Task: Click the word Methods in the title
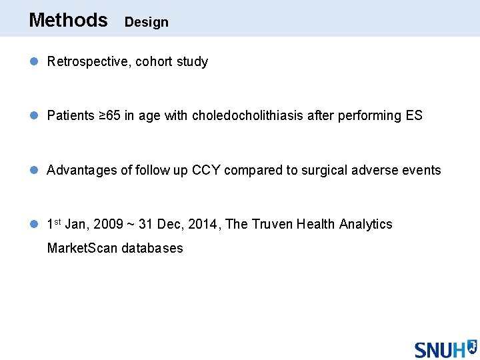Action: coord(68,20)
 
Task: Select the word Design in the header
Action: coord(147,22)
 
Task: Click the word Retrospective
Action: coord(89,62)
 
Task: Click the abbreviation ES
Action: coord(414,116)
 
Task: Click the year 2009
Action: coord(109,225)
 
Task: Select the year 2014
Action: coord(203,225)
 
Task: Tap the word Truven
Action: coord(273,225)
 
